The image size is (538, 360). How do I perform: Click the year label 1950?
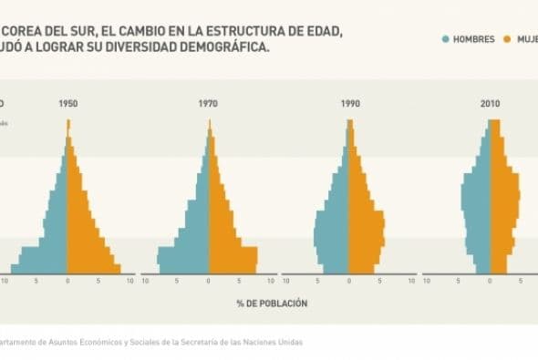(x=67, y=104)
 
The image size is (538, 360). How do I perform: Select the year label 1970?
(x=208, y=104)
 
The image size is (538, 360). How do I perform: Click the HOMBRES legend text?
(x=474, y=39)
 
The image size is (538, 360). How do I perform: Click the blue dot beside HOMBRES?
(x=446, y=39)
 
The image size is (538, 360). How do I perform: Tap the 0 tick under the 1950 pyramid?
(x=67, y=282)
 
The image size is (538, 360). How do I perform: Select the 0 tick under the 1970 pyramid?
(x=208, y=282)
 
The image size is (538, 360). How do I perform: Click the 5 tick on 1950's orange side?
(x=98, y=282)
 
